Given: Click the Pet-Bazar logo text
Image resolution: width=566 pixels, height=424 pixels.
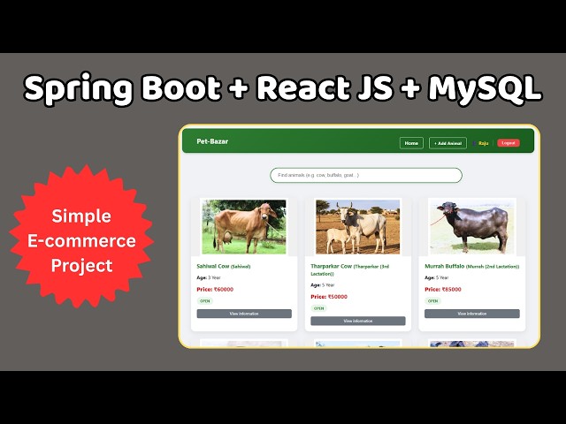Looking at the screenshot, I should (212, 141).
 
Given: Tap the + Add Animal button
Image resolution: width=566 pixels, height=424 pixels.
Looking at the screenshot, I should (447, 143).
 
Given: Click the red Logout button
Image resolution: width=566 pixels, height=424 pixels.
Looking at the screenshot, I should (509, 143).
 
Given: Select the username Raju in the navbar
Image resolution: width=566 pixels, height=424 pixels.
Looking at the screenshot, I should (483, 143).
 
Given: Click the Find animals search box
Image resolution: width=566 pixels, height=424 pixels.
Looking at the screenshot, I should (365, 175).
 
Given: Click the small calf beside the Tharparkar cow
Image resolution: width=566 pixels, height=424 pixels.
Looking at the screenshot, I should (337, 239).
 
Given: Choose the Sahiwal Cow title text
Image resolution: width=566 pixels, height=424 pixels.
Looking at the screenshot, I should (212, 265).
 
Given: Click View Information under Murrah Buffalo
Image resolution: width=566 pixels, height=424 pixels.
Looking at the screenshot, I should (472, 314).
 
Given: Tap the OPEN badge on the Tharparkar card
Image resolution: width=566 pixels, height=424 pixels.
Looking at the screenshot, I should (318, 308).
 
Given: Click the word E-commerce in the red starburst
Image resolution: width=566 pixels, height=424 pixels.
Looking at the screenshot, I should (81, 240).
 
